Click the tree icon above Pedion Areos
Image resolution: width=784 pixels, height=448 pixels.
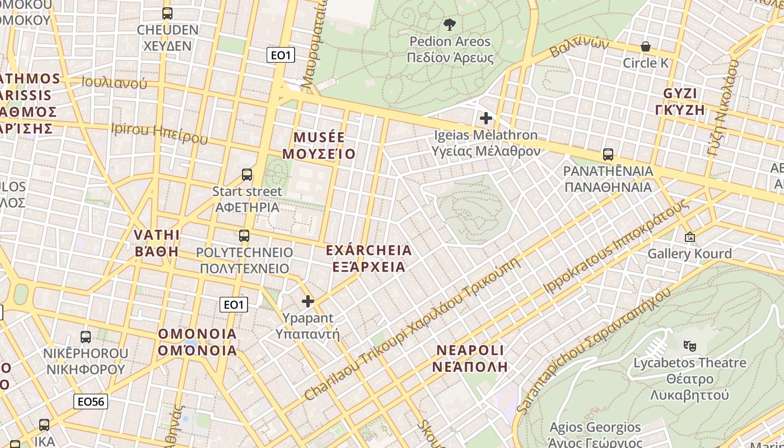pyautogui.click(x=449, y=24)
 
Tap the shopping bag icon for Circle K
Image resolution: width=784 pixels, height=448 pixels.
pyautogui.click(x=645, y=46)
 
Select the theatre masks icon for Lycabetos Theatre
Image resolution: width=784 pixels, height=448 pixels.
pyautogui.click(x=689, y=346)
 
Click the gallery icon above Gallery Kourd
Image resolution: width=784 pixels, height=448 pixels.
pyautogui.click(x=689, y=237)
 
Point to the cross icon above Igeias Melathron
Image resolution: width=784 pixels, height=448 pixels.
pyautogui.click(x=486, y=118)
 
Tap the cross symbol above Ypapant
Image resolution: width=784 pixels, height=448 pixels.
pyautogui.click(x=307, y=301)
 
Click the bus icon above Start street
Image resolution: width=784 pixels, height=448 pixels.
pyautogui.click(x=247, y=174)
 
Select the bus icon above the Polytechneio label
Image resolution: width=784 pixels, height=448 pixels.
pyautogui.click(x=244, y=235)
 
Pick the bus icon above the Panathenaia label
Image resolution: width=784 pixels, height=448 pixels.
pyautogui.click(x=608, y=154)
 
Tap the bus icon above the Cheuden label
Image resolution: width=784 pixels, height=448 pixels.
pyautogui.click(x=167, y=13)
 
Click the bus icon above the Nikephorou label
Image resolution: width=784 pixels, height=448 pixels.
pyautogui.click(x=86, y=337)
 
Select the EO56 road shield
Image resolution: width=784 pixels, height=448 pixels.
pyautogui.click(x=91, y=402)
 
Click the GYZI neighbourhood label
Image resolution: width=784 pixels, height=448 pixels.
pyautogui.click(x=680, y=101)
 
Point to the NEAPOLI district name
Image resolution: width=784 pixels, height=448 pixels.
pyautogui.click(x=470, y=358)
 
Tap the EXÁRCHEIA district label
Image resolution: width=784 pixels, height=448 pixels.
pyautogui.click(x=368, y=258)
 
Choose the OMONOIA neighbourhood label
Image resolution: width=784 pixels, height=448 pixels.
pyautogui.click(x=197, y=342)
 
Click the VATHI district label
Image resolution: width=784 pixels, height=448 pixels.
pyautogui.click(x=157, y=242)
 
